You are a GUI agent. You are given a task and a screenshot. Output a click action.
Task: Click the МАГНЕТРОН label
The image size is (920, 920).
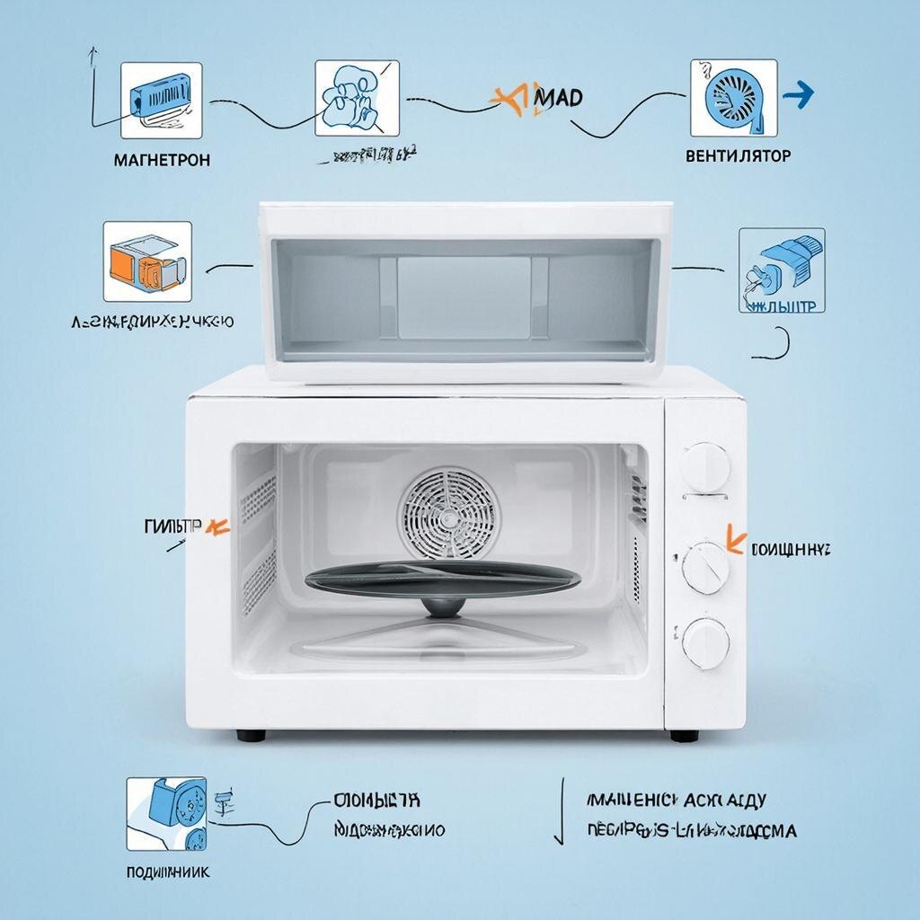point(163,160)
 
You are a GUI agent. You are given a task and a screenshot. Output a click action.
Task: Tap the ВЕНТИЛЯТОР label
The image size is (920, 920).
point(738,155)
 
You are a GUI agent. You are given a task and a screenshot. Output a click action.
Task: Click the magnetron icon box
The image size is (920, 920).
point(163,99)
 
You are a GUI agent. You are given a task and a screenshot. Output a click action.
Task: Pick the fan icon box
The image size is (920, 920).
point(733,97)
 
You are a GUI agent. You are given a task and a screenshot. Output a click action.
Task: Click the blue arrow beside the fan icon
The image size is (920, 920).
point(798,93)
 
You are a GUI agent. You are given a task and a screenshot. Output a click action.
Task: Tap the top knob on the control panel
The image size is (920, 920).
point(705,467)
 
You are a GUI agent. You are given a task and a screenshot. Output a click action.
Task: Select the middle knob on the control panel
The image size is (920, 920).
point(705,568)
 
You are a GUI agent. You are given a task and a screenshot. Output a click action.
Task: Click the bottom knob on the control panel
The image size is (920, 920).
point(705,643)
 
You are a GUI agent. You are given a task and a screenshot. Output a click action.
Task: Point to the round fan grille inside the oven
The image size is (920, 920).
point(447,513)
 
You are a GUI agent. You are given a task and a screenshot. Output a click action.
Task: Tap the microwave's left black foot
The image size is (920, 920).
point(251,735)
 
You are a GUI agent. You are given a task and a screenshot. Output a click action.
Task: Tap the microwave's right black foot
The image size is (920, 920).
point(684,735)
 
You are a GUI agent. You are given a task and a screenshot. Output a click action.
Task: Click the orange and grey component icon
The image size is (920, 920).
point(147,261)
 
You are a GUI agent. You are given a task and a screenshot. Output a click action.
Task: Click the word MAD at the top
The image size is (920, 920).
point(557,96)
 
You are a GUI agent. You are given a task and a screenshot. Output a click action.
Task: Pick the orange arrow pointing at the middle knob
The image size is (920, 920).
point(735,542)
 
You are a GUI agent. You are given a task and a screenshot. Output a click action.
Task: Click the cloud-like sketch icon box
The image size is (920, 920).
point(357,99)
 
